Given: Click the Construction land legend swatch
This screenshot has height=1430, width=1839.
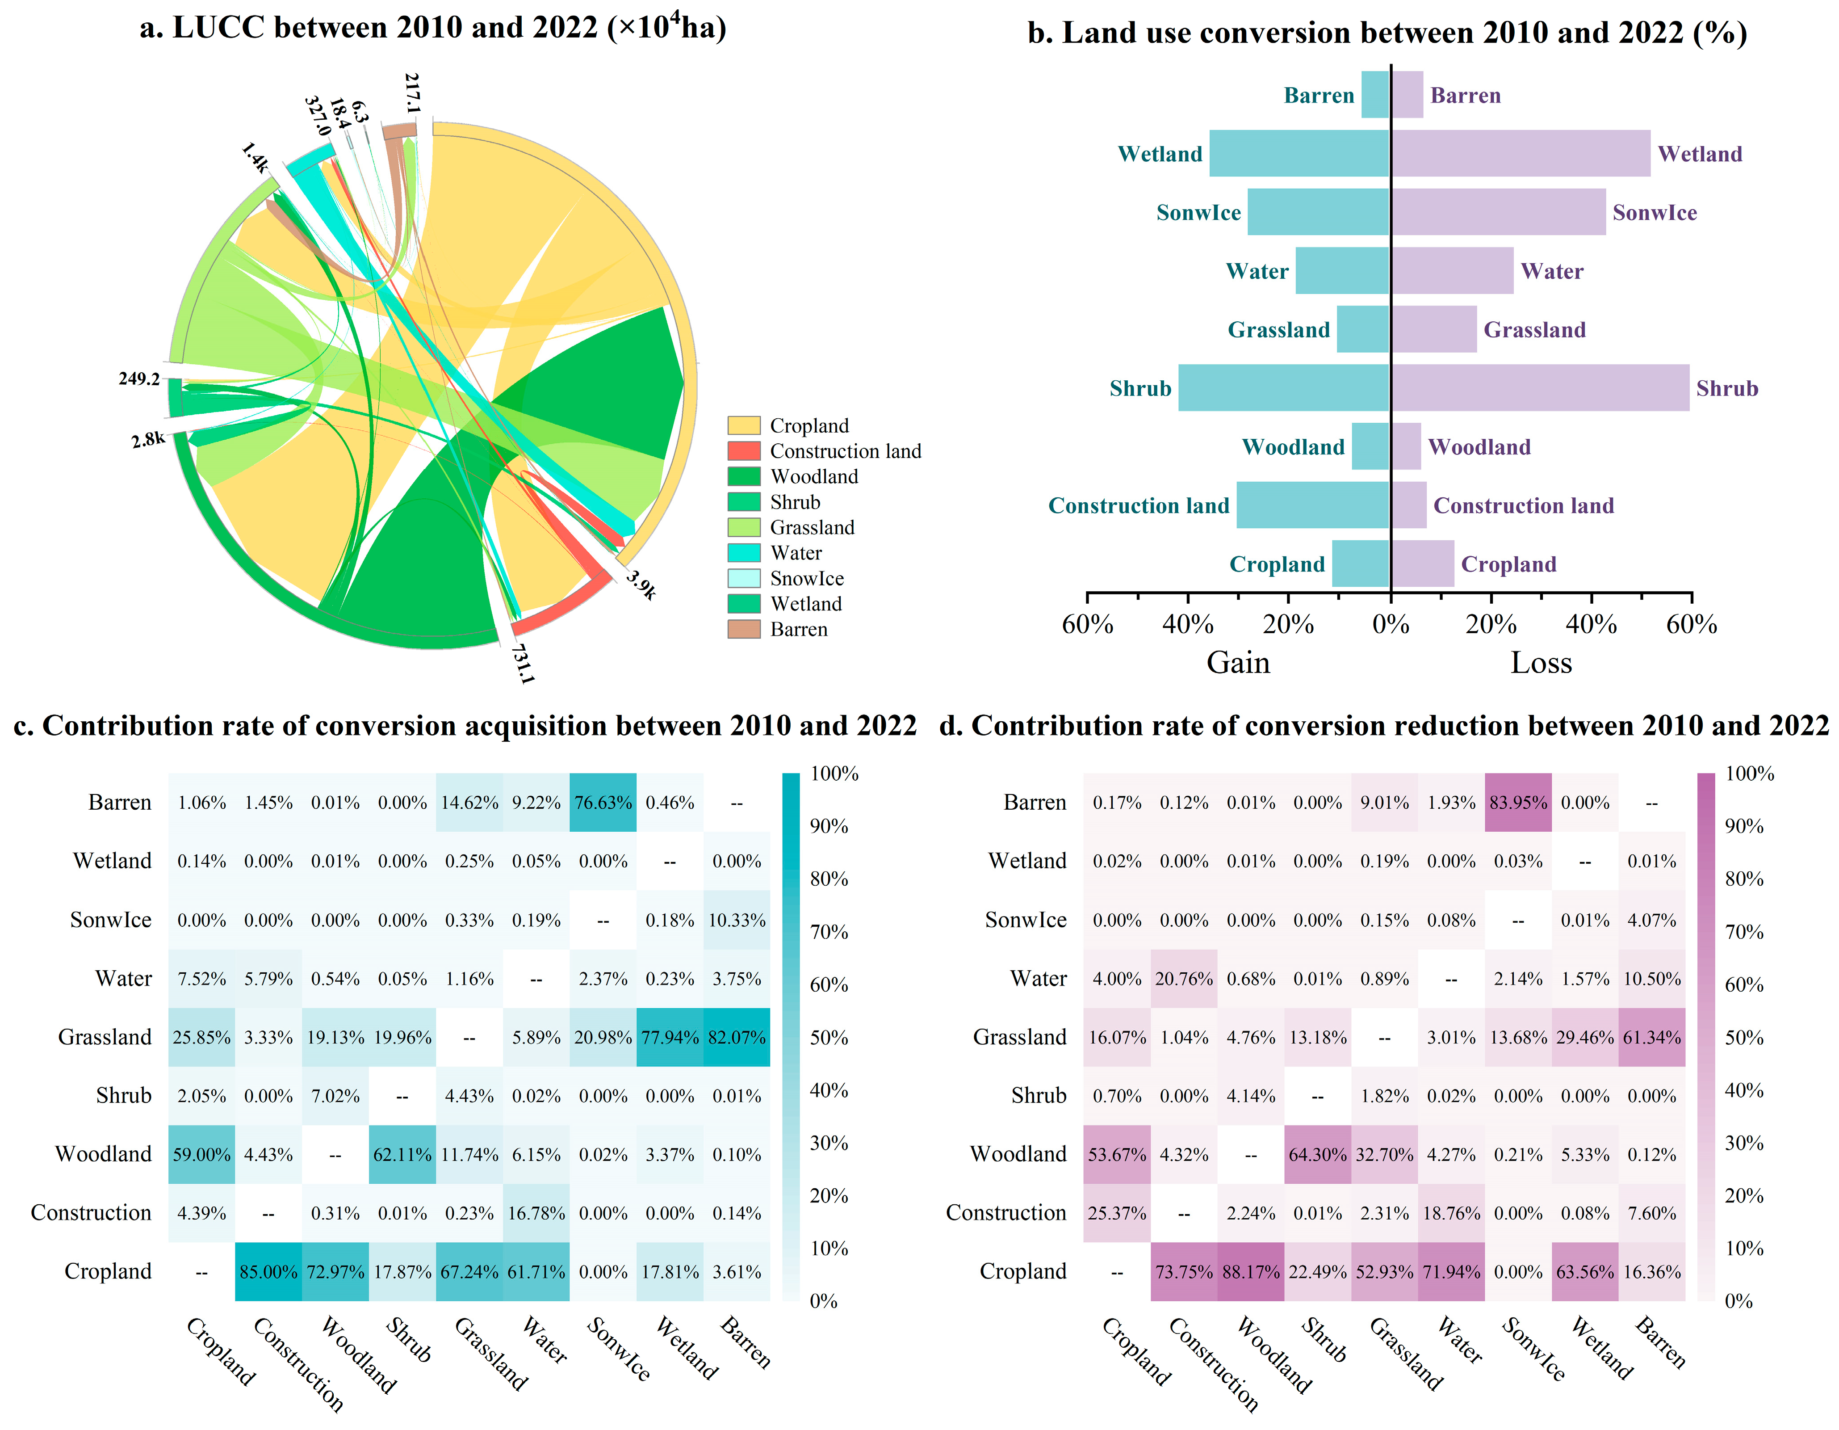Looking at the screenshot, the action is pyautogui.click(x=744, y=450).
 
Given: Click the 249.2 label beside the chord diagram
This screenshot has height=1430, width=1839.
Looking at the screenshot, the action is pyautogui.click(x=139, y=379).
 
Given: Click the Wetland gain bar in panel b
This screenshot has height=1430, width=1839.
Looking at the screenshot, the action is pyautogui.click(x=1299, y=153).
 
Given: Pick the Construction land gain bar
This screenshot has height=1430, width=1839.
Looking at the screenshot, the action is pyautogui.click(x=1313, y=505).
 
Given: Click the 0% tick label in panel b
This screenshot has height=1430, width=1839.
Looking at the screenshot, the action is pyautogui.click(x=1390, y=624).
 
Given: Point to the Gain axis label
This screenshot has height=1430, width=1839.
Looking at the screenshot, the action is pyautogui.click(x=1238, y=663).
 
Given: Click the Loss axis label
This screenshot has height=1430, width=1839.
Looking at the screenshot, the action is pyautogui.click(x=1541, y=663).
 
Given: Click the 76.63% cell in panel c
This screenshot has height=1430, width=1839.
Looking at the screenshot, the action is pyautogui.click(x=603, y=803).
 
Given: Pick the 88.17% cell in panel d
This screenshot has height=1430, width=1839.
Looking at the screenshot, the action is pyautogui.click(x=1251, y=1272).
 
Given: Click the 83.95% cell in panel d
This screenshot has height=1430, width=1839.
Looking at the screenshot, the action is pyautogui.click(x=1518, y=803).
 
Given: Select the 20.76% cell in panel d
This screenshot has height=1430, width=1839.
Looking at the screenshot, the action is pyautogui.click(x=1184, y=979).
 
